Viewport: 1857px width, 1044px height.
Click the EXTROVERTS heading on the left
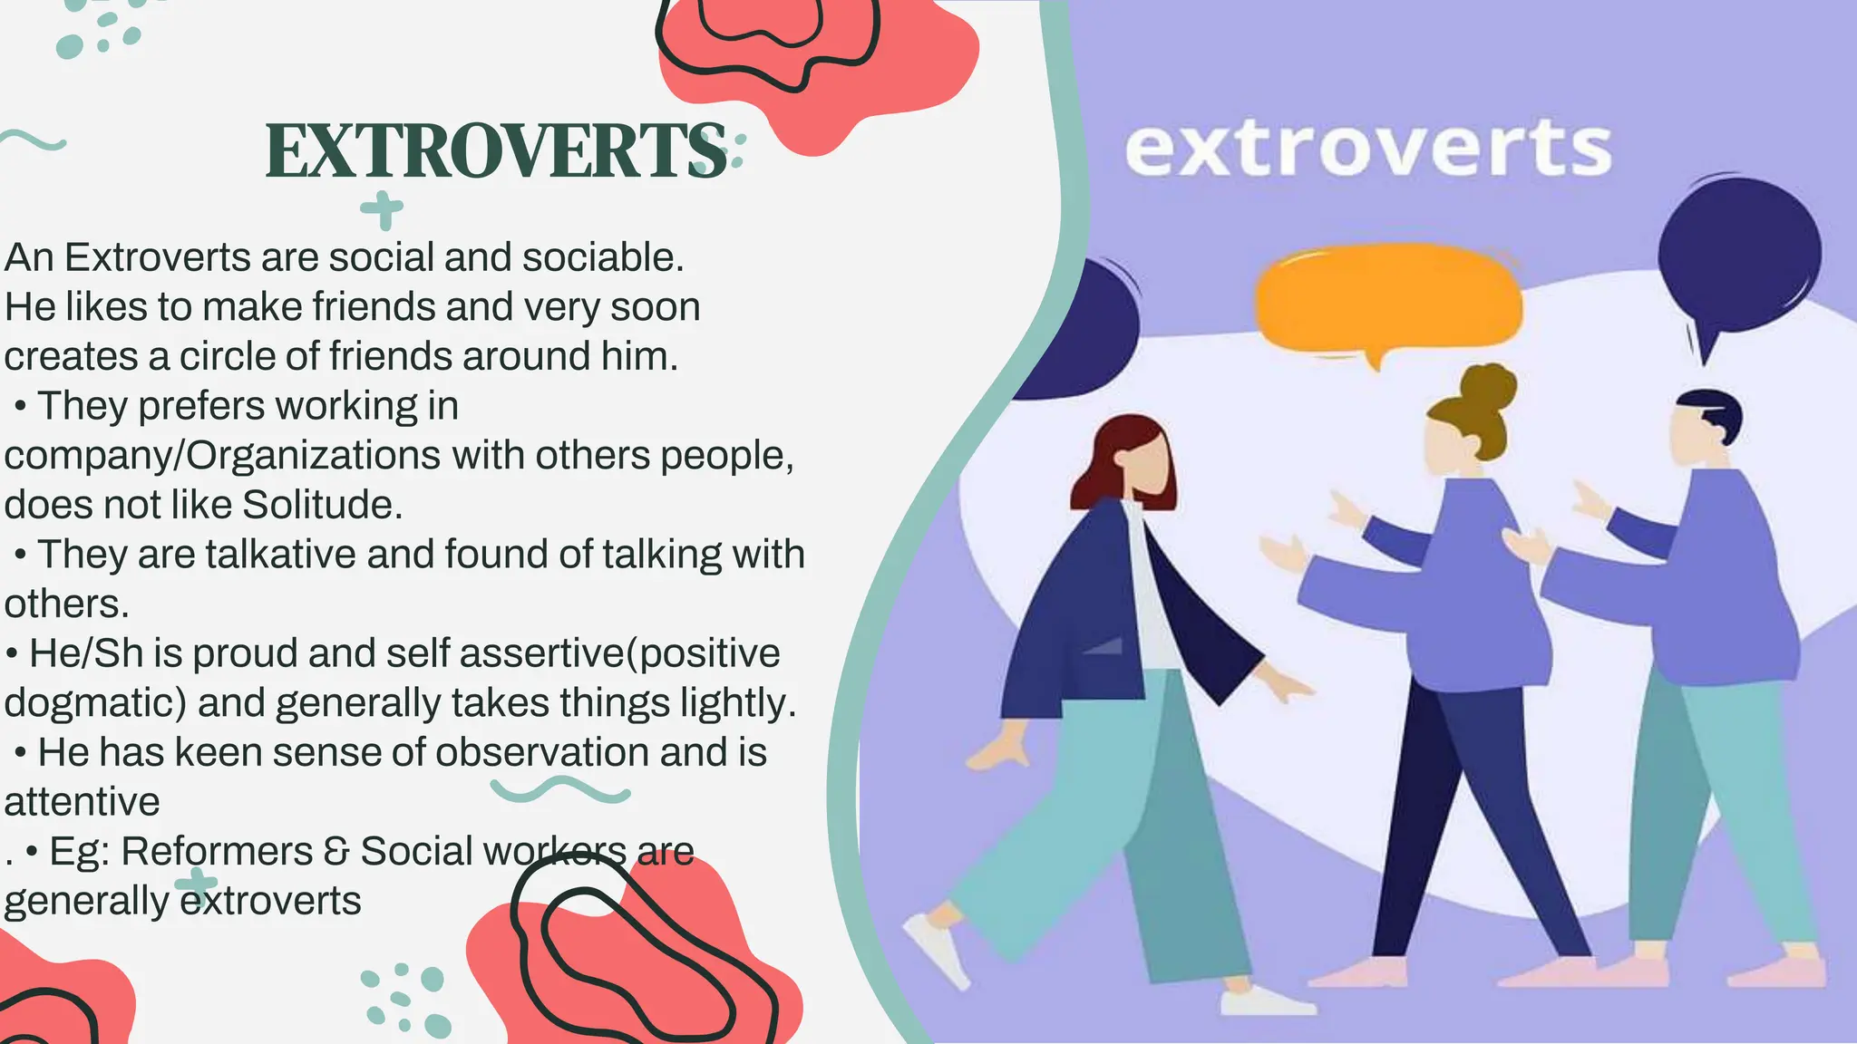coord(496,150)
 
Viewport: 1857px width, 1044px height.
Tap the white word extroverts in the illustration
coord(1367,150)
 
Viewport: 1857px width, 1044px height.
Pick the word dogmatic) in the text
coord(95,703)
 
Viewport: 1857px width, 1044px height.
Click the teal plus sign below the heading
coord(382,209)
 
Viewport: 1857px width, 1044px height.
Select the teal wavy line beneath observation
coord(559,790)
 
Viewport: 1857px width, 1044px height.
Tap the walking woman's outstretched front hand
coord(1288,684)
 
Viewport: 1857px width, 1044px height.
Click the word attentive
coord(82,802)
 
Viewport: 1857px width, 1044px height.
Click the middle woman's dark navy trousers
coord(1460,797)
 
